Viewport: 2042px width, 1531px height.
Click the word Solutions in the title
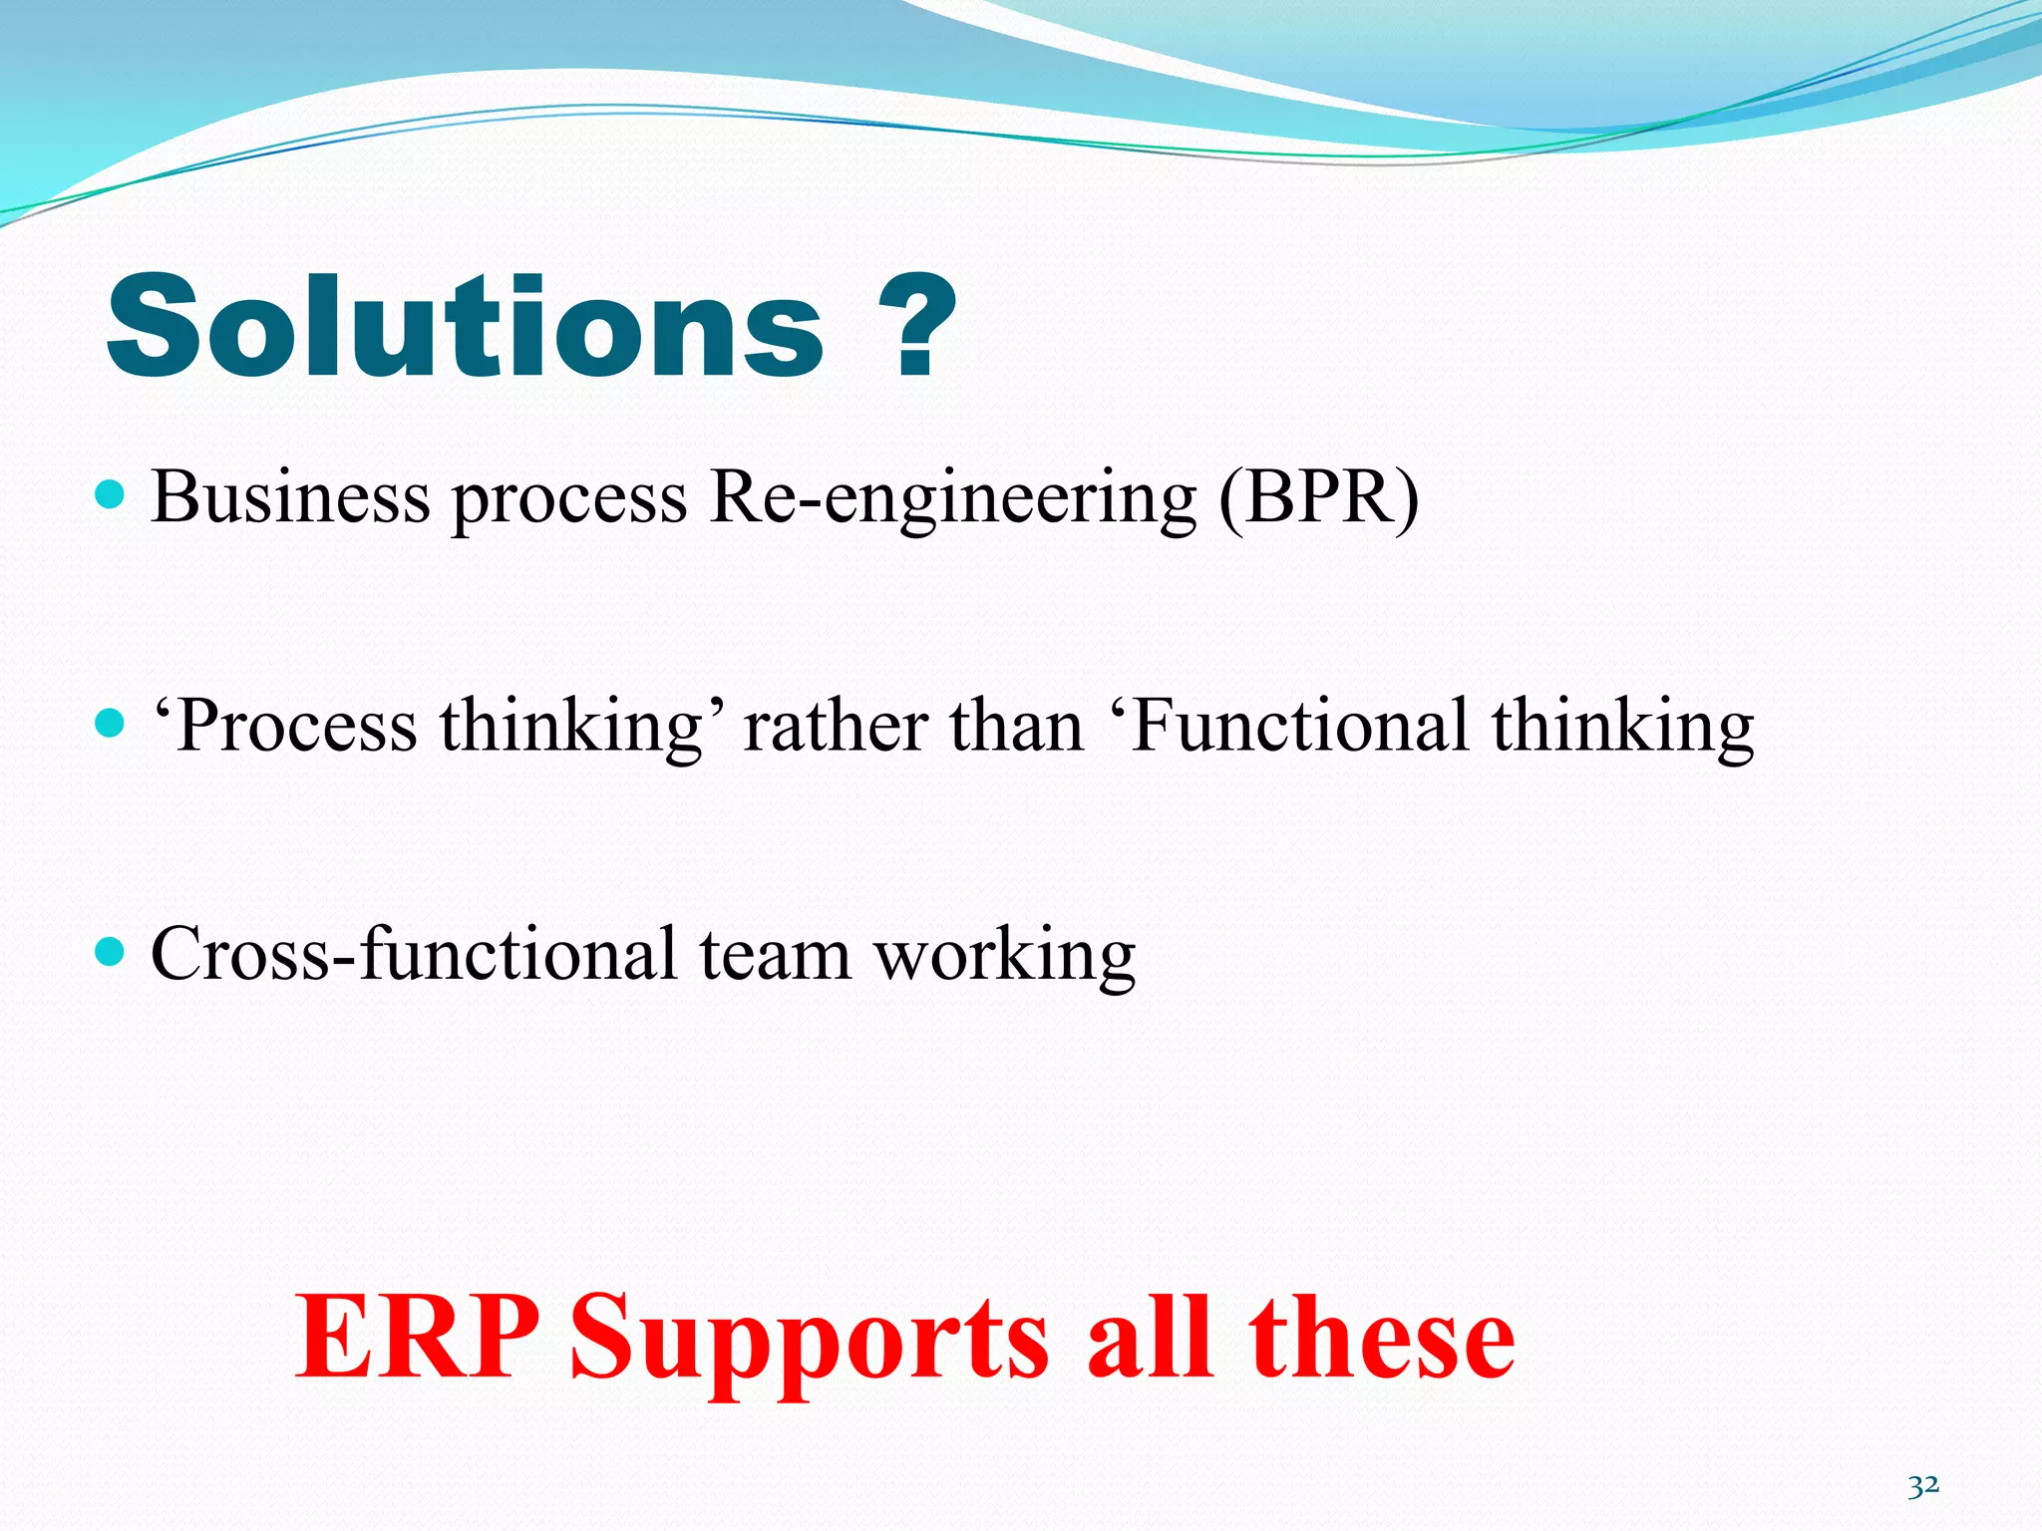click(x=465, y=327)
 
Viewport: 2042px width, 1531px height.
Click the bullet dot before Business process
click(x=110, y=494)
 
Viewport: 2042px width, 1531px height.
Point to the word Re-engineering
click(x=952, y=498)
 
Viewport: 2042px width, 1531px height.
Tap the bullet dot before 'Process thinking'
click(x=110, y=723)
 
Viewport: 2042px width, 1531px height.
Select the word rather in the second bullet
click(x=836, y=726)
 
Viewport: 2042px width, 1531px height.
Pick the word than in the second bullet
click(x=1016, y=726)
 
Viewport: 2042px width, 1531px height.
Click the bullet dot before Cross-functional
click(x=110, y=952)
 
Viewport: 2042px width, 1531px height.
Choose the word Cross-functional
click(x=414, y=954)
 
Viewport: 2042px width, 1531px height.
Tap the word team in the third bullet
click(x=775, y=955)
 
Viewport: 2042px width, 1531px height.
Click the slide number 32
click(x=1923, y=1485)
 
